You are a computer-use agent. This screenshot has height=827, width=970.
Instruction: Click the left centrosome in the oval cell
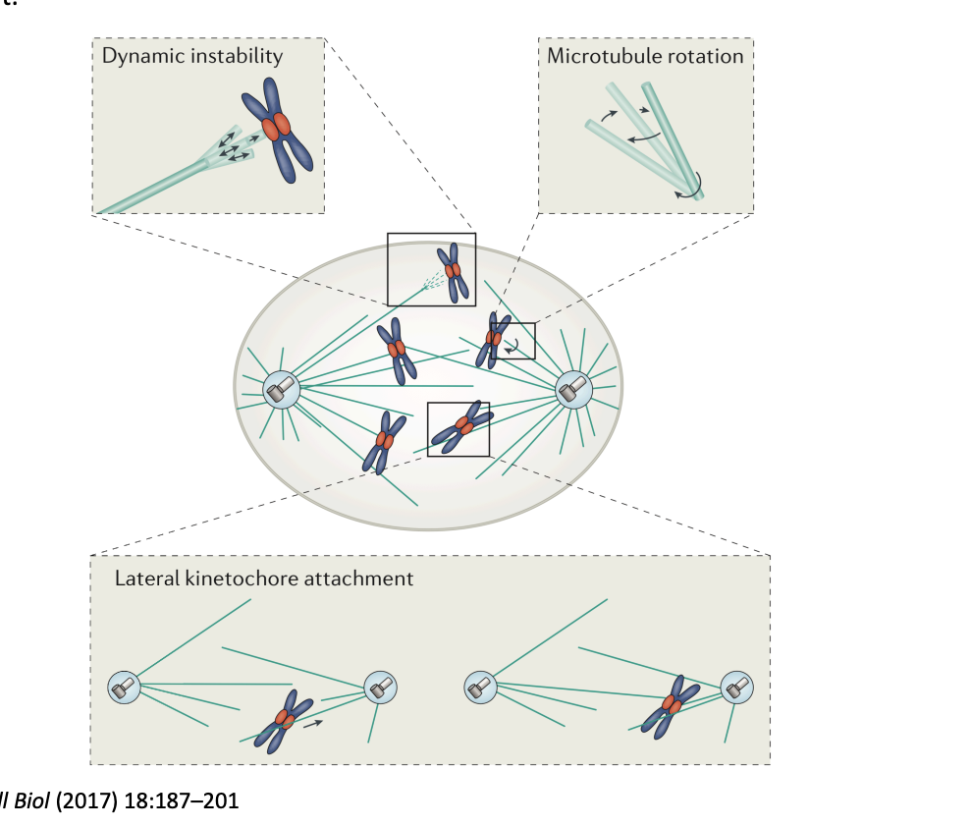coord(281,390)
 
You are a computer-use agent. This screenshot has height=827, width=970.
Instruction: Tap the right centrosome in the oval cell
coord(573,390)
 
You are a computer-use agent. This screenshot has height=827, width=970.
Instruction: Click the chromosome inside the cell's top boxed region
coord(453,271)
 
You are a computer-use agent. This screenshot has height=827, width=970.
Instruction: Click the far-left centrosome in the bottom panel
coord(124,689)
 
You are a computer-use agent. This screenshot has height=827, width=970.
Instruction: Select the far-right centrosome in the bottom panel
coord(737,688)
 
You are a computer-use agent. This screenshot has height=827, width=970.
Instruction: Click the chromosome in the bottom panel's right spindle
coord(673,705)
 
